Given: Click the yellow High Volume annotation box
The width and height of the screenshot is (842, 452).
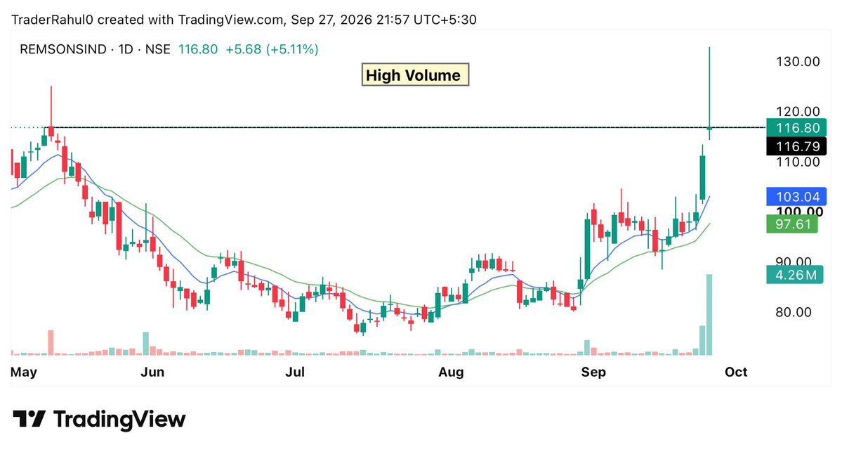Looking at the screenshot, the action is pos(415,75).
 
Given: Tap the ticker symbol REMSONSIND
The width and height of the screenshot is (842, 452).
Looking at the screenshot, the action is pos(63,49).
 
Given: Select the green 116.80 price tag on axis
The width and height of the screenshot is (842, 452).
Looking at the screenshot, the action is pos(796,128).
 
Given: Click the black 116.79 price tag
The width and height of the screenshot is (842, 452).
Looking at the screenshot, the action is pos(796,146).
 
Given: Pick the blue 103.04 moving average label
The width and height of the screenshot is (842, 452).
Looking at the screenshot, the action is pos(796,197).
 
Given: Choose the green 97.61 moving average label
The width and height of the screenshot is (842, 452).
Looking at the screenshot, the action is pos(792,224).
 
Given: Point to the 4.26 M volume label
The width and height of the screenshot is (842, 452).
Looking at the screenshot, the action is pos(794,275).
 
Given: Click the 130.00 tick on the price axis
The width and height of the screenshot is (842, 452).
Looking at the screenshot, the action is pos(798,62).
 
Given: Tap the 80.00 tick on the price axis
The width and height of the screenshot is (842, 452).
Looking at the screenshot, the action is pos(793,312).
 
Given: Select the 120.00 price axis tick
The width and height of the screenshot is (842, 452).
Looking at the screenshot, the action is pos(798,112).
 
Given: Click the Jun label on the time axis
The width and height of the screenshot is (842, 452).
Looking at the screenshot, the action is pos(152,372).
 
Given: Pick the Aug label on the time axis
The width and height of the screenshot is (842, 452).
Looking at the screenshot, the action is pos(451,372).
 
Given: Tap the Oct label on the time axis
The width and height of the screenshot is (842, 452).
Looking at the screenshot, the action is pos(736,372).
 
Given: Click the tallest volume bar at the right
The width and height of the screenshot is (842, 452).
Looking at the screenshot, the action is pos(709,315).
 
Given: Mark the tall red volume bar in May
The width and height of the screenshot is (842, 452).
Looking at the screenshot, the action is pos(51,343).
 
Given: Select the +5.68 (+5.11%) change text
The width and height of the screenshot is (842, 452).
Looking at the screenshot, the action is pos(272,49).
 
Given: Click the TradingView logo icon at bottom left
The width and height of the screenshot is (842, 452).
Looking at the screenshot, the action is pos(29,419).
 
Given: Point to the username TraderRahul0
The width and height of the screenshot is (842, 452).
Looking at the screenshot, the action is pos(52,20).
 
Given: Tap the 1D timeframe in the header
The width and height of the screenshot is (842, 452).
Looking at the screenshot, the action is pos(126,49).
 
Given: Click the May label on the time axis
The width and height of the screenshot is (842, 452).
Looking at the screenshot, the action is pos(24,372).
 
